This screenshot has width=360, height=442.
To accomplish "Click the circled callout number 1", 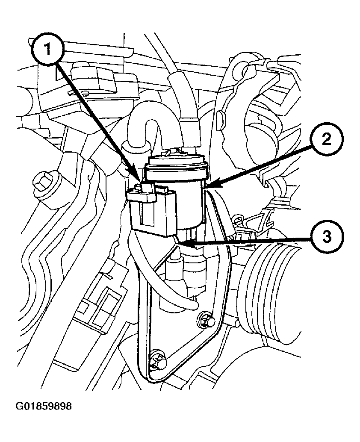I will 47,49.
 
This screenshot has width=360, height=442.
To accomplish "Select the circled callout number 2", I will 327,139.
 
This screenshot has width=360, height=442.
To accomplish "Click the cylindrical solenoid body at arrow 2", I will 188,201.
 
